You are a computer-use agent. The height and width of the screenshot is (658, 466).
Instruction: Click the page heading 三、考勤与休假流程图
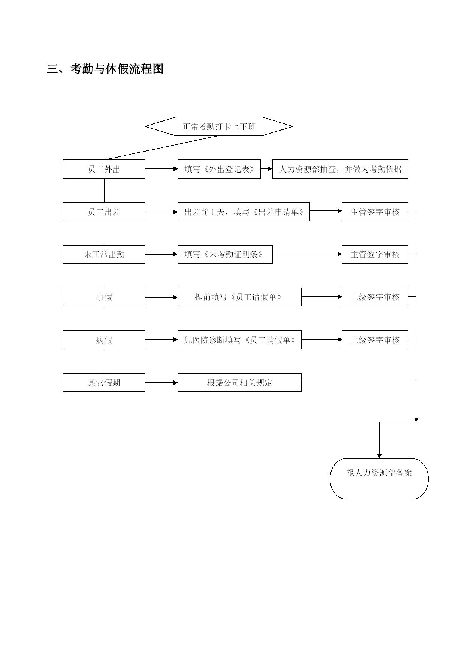click(105, 69)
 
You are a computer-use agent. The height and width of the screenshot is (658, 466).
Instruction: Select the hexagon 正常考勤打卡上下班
click(219, 126)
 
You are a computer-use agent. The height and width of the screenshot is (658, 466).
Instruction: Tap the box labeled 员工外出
click(104, 169)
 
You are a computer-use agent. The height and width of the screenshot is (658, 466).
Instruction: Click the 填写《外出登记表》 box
click(219, 169)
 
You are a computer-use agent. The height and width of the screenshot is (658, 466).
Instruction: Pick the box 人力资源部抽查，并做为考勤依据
click(340, 169)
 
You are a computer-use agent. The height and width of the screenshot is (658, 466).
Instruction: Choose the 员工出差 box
click(104, 212)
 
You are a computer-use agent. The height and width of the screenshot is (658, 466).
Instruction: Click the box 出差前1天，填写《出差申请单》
click(243, 212)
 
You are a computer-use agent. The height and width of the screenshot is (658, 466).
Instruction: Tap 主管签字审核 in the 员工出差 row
click(375, 212)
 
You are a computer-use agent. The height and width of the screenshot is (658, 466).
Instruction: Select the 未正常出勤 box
click(104, 254)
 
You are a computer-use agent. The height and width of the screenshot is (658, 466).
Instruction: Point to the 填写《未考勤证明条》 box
click(225, 254)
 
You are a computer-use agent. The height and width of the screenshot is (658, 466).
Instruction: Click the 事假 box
click(104, 297)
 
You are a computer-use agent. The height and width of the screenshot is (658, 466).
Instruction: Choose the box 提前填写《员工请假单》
click(239, 297)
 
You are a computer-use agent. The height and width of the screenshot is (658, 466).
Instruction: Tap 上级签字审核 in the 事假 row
click(375, 297)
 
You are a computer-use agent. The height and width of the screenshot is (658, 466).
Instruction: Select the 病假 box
click(104, 340)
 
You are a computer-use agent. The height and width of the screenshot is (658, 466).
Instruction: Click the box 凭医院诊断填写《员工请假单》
click(239, 340)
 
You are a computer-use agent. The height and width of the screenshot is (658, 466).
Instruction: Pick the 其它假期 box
click(104, 383)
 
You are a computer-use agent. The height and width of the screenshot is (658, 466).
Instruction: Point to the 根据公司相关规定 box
click(239, 383)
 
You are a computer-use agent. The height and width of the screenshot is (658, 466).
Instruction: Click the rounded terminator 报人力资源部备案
click(379, 479)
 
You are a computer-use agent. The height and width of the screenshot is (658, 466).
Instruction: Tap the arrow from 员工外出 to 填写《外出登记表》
click(161, 169)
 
